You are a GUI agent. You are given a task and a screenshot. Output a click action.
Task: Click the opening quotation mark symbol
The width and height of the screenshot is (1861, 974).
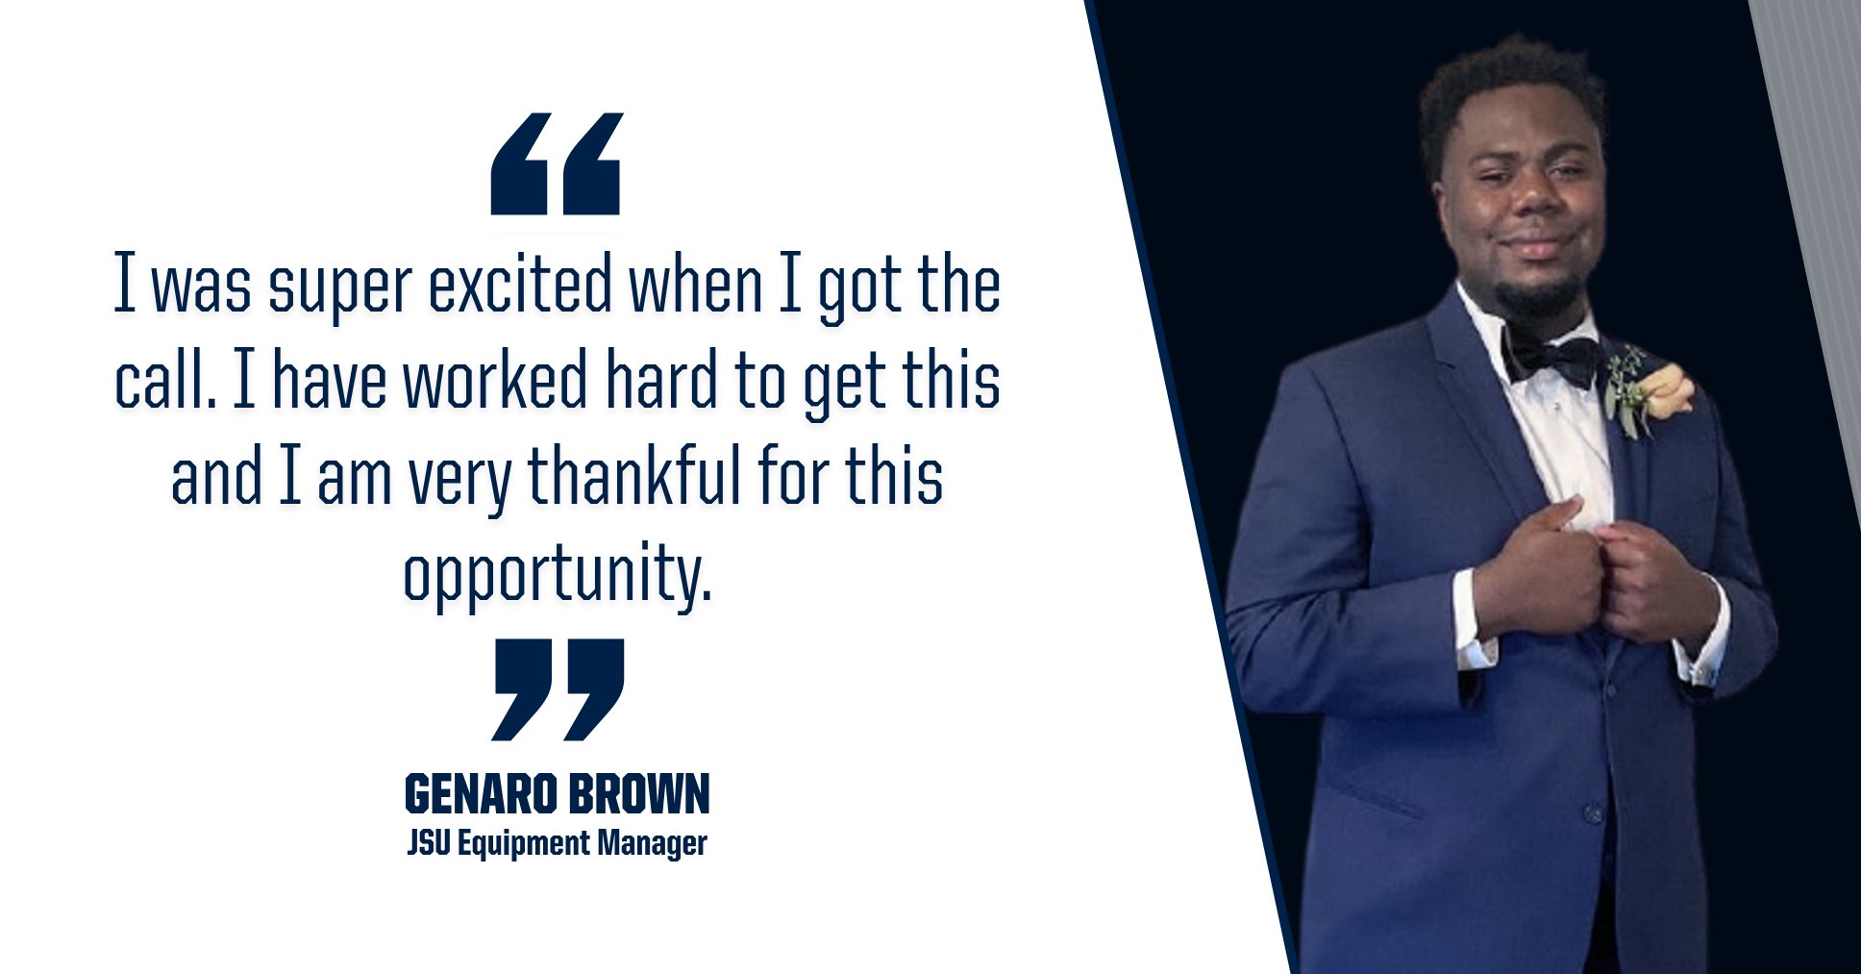[556, 164]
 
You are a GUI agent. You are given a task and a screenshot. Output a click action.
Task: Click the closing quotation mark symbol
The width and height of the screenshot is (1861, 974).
[558, 689]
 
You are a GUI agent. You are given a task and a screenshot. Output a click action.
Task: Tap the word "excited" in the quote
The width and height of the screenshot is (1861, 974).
[520, 285]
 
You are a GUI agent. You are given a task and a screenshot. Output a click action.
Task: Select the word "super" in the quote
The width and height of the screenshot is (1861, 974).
[340, 287]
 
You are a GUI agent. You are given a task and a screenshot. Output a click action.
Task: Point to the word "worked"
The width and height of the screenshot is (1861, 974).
[495, 381]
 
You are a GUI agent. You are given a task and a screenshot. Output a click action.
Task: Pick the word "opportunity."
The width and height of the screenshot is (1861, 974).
[558, 575]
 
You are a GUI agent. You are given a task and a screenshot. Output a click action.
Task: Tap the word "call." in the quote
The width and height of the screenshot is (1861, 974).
[164, 381]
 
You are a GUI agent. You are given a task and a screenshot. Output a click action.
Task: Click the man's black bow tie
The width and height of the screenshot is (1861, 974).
[1550, 358]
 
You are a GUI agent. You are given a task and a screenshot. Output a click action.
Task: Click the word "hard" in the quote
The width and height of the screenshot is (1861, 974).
[661, 381]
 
